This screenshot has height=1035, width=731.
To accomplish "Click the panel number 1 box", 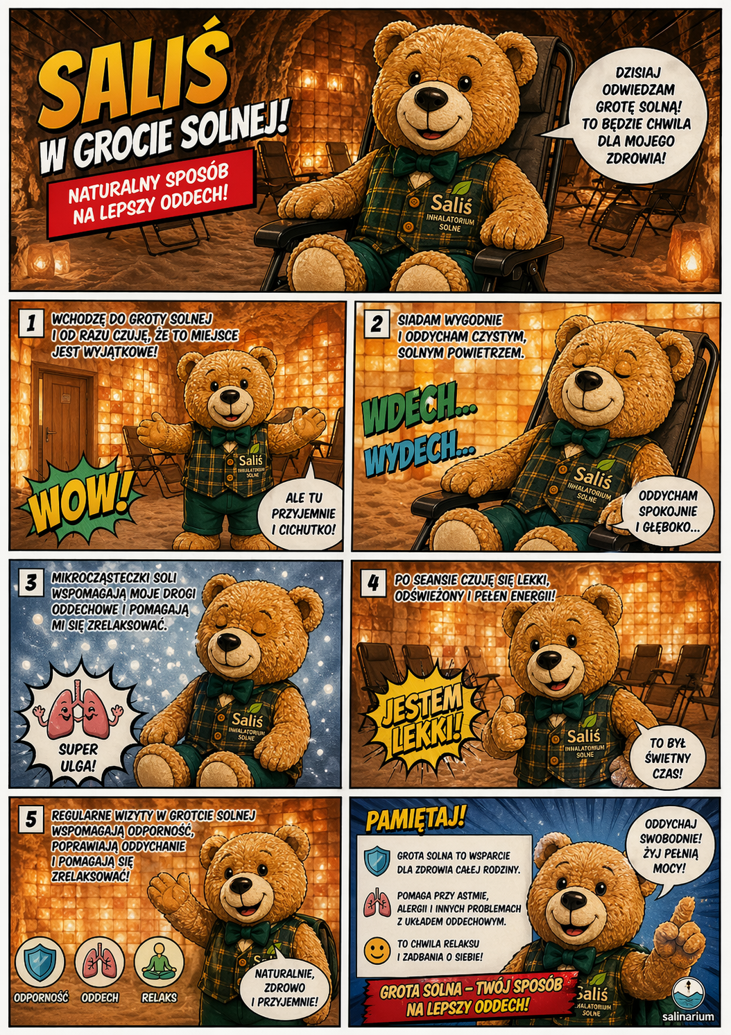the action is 31,323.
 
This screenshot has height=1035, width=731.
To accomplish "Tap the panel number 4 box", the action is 373,583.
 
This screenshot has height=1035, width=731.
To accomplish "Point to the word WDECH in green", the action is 419,409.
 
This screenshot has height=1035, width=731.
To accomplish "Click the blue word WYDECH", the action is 419,452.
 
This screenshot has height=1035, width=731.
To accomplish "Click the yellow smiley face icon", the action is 377,950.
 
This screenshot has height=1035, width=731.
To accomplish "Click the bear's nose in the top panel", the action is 431,97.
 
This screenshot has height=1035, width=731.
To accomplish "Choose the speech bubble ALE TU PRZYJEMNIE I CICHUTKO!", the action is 304,513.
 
